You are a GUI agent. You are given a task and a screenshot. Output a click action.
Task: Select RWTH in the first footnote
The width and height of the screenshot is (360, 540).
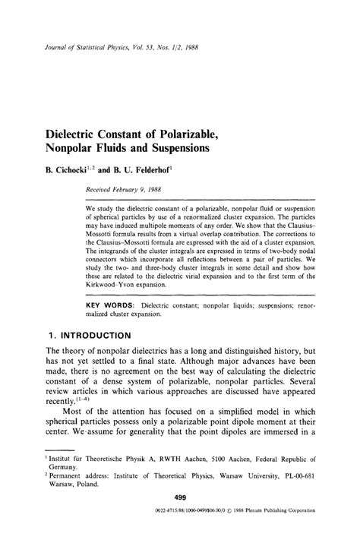[166, 460]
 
